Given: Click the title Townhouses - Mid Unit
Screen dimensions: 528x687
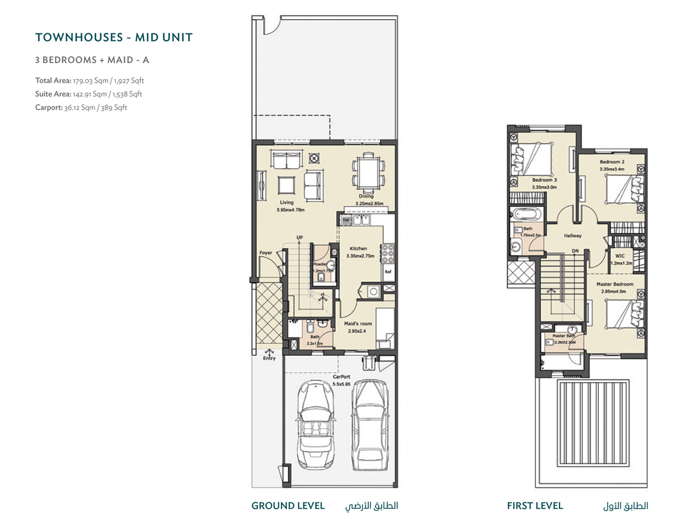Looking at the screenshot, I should tap(114, 38).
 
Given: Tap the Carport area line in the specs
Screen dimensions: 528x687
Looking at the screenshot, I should tap(81, 108).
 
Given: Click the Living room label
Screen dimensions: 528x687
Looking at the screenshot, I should tap(287, 202).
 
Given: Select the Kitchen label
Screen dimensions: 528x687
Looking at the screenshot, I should tap(358, 248).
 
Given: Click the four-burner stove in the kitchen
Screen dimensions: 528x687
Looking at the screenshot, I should tap(388, 253).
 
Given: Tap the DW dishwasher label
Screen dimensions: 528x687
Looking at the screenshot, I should tap(346, 220).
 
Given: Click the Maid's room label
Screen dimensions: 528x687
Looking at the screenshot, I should tap(358, 324).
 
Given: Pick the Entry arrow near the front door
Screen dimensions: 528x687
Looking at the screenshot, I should tap(269, 355).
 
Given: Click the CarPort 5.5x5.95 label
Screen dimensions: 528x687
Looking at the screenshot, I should tap(342, 380).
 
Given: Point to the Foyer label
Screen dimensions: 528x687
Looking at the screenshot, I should tap(266, 253).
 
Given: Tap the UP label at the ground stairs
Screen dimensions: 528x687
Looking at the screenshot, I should tap(300, 237).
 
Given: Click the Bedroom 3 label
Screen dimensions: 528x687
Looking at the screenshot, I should tap(544, 180).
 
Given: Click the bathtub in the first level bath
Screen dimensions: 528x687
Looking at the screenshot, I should tap(527, 214).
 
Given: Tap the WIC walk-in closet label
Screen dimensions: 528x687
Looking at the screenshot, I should tap(620, 256).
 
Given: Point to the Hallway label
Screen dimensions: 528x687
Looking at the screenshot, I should tap(572, 236).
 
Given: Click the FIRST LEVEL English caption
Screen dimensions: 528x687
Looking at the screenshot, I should tap(534, 506).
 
